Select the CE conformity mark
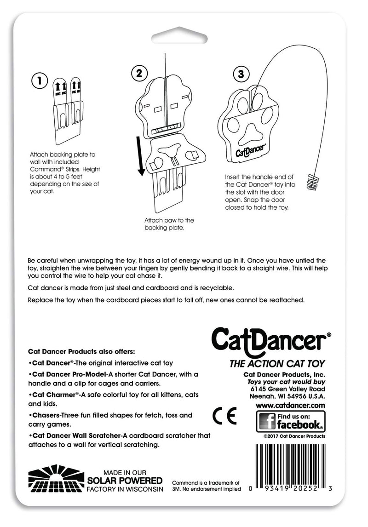pyautogui.click(x=225, y=417)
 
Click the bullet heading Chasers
pyautogui.click(x=45, y=415)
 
